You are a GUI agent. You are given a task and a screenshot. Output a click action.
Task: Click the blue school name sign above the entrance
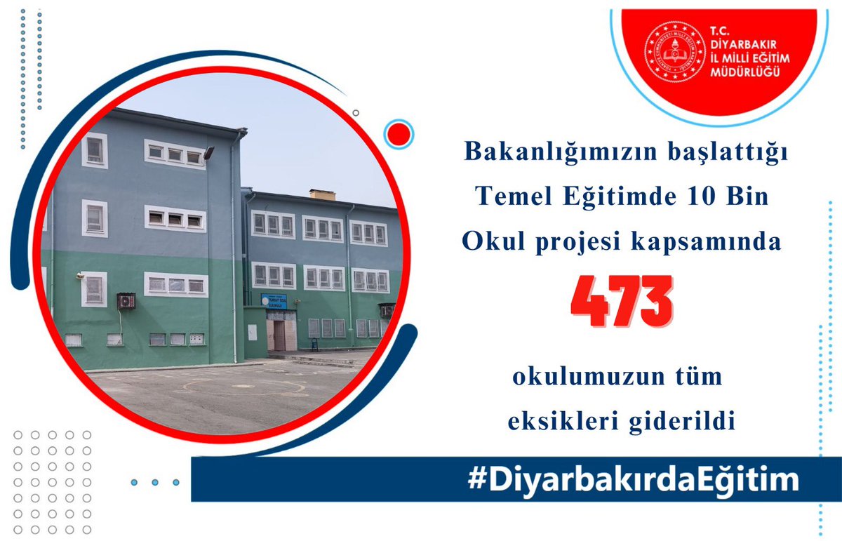(274, 301)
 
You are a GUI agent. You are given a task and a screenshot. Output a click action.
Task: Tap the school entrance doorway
(280, 335)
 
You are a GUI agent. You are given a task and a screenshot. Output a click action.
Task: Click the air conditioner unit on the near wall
(126, 301)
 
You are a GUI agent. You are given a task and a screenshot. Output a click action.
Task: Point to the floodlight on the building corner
(208, 152)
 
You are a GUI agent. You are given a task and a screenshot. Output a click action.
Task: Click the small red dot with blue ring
(400, 133)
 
